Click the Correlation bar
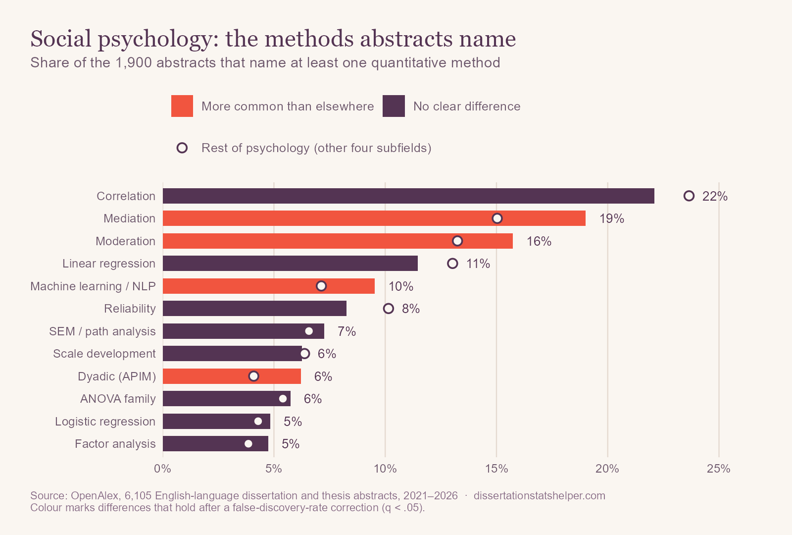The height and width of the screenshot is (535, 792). coord(408,196)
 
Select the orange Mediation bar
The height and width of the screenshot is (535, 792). coord(374,218)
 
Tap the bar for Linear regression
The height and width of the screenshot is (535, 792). coord(290,263)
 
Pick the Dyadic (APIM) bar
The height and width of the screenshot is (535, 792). coord(232,376)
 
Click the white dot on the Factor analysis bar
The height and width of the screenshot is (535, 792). coord(248,444)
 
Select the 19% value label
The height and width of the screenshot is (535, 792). coord(612,218)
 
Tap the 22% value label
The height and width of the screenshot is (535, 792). coord(715,196)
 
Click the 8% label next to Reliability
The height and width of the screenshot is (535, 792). coord(411,309)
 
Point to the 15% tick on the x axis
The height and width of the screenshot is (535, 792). coord(496,469)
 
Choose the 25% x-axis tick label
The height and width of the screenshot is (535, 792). coord(718,469)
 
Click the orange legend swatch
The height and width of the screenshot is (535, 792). coord(182,106)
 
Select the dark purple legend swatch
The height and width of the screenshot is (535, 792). coord(394,106)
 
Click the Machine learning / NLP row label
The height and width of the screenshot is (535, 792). coord(93,286)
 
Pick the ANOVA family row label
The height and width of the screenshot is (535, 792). coord(118,399)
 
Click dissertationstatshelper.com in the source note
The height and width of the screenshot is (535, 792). coord(540,496)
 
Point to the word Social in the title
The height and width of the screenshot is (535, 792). coord(61,39)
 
